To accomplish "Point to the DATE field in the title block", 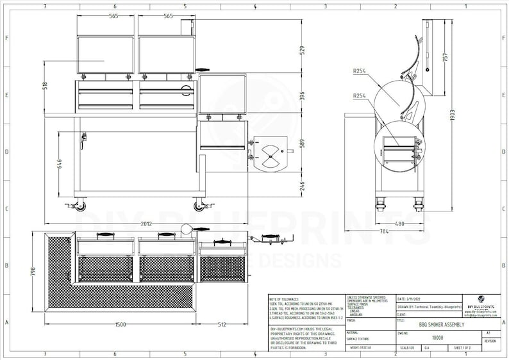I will coord(410,299).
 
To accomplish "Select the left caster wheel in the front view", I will coord(79,206).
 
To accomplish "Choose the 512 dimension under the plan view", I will coord(222,325).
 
